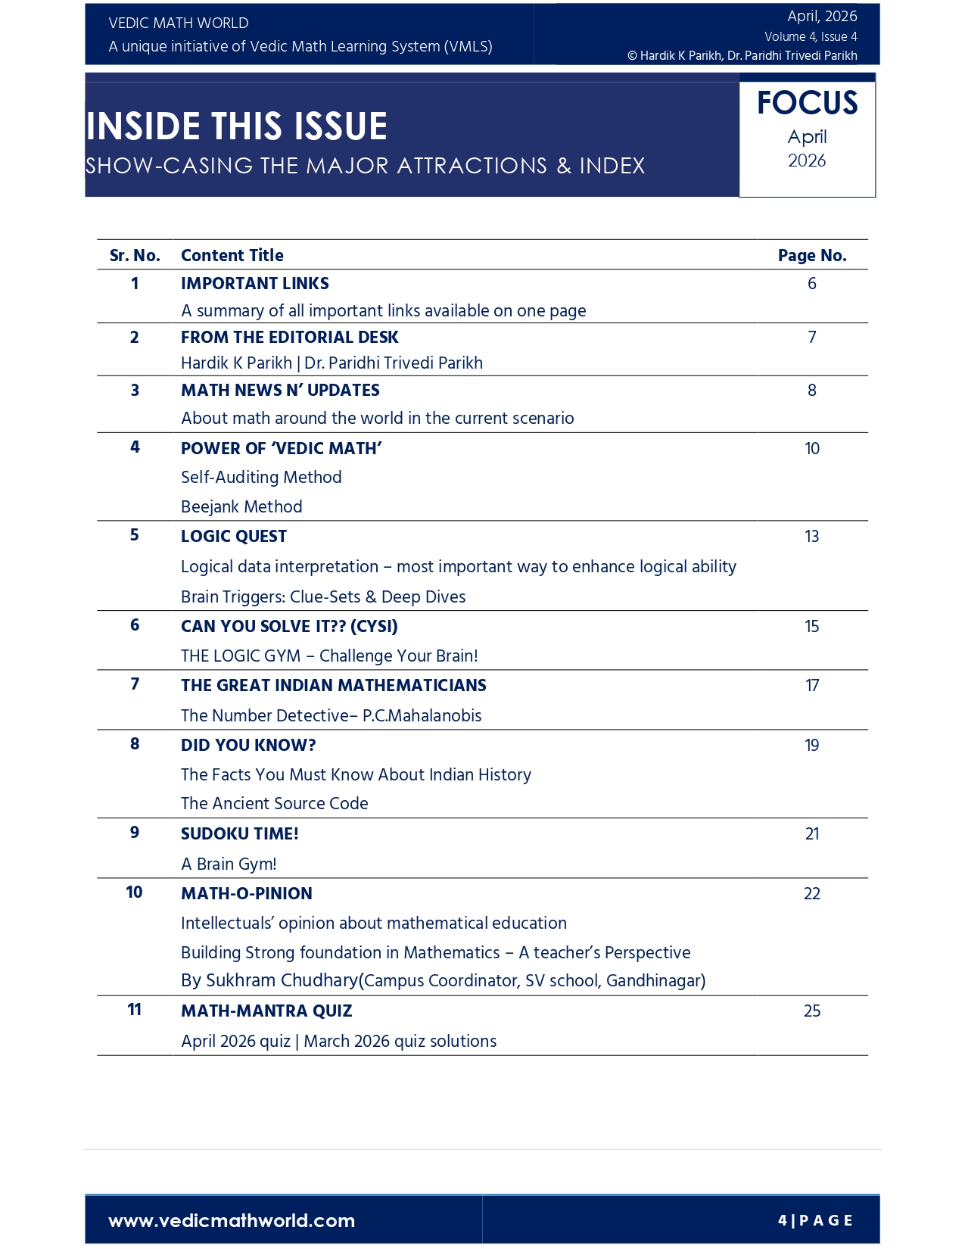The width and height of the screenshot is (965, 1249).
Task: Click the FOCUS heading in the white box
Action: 807,103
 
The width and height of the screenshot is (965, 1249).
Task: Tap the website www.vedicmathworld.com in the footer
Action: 232,1220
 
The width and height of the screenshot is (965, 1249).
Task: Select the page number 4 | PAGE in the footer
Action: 815,1220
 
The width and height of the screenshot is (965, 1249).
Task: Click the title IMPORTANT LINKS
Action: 254,283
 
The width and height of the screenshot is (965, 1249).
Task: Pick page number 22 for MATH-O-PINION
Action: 811,893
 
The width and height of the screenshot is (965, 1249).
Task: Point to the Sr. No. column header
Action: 135,255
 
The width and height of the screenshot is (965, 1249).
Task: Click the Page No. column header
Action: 811,255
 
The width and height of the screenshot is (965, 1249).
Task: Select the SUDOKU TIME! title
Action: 239,833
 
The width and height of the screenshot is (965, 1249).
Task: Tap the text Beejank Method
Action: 241,506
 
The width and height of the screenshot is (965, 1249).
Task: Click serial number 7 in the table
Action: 135,684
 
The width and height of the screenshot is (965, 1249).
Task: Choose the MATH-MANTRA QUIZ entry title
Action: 266,1011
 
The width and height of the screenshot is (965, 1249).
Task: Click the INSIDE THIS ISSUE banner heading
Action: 236,126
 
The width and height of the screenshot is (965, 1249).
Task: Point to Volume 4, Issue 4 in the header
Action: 810,36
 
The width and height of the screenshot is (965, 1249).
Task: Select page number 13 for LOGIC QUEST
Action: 811,537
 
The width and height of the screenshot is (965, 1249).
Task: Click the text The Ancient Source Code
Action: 274,803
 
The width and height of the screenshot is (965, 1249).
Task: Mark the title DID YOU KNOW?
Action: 248,745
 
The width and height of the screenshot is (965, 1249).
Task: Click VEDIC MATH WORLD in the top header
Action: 179,23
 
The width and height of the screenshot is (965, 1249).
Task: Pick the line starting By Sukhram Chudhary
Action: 443,980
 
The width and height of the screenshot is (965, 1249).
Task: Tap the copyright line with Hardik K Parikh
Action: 742,55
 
